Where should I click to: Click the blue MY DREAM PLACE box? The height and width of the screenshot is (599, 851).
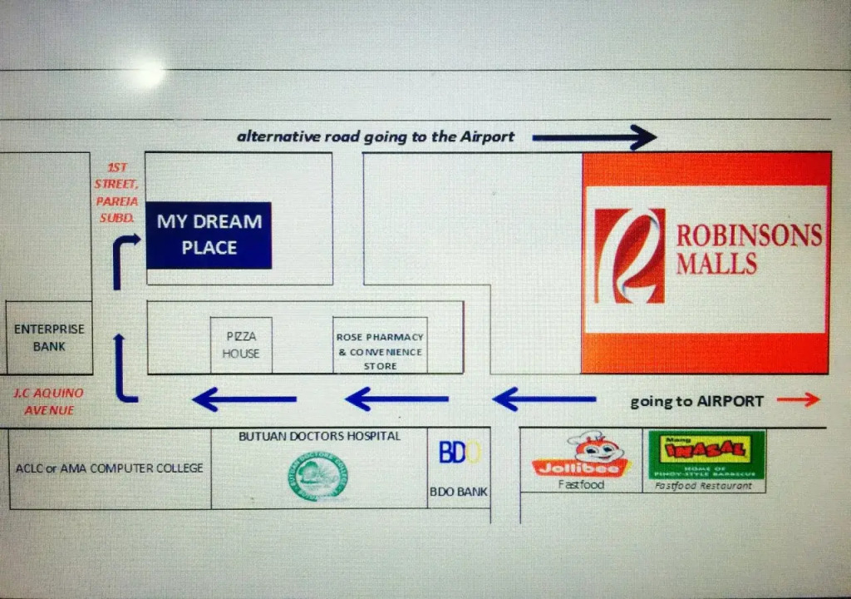coord(209,235)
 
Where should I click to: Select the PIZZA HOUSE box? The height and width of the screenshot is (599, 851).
coord(241,344)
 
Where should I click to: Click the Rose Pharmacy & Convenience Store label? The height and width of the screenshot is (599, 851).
coord(380,351)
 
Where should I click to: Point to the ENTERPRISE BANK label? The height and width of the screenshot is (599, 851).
coord(49,338)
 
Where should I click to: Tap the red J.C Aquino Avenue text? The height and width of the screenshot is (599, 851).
coord(48,401)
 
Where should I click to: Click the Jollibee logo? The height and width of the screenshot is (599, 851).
coord(581,456)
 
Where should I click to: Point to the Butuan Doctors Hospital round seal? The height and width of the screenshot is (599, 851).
coord(319,477)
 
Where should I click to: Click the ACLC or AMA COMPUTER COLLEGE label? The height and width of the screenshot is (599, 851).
coord(109,468)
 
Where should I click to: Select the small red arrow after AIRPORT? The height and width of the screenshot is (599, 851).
coord(798,400)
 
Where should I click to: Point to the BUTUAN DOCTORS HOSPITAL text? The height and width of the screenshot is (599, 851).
coord(319,436)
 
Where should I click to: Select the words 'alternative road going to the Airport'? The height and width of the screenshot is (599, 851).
coord(376,137)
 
